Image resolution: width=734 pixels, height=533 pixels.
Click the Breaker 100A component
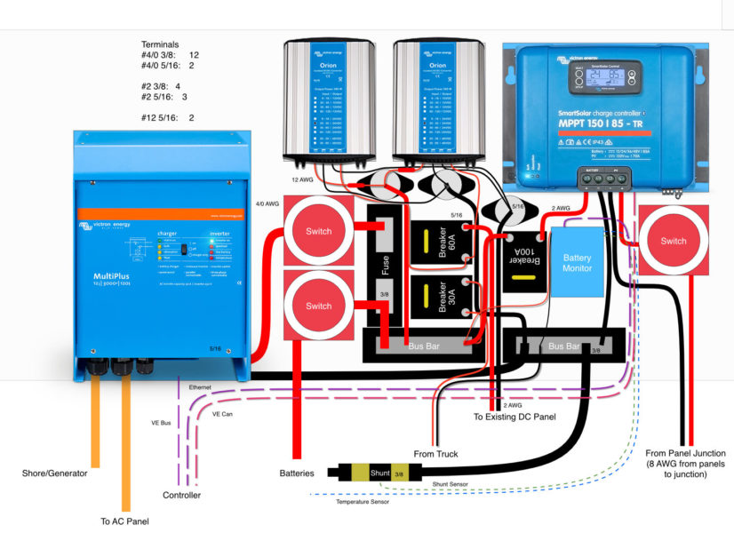click(x=519, y=259)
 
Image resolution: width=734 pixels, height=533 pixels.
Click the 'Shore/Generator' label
click(x=55, y=473)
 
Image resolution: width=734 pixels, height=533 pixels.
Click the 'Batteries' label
click(x=297, y=473)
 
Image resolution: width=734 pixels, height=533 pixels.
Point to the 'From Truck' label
click(x=435, y=455)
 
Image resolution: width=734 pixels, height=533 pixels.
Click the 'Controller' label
click(x=182, y=495)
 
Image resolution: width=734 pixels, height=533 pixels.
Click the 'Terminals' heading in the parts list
click(x=161, y=43)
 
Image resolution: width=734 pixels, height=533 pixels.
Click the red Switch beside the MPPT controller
click(x=673, y=241)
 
